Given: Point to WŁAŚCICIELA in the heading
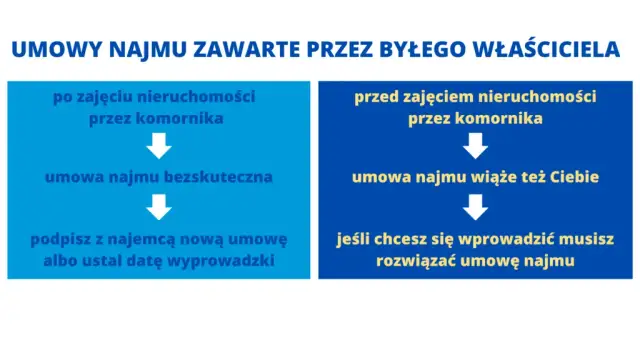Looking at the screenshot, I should point(555,50).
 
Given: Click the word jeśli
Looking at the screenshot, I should point(355,240).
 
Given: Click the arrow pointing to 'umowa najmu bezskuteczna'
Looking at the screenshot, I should point(160,147).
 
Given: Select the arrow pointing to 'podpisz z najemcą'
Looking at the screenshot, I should point(160,208).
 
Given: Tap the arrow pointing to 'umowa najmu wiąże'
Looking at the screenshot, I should point(476,147).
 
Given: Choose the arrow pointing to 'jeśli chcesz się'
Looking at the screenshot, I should point(476,208).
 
